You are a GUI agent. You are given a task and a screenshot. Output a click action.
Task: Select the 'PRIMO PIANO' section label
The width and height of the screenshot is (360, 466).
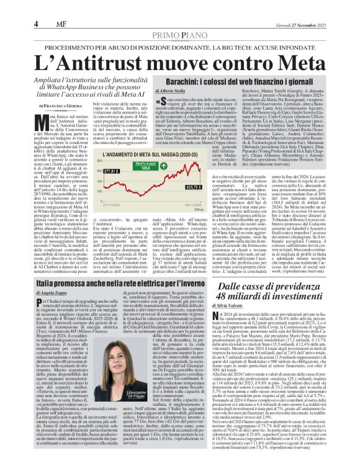pos(180,35)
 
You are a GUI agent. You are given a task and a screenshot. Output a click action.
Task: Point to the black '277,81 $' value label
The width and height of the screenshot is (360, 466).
pos(94,170)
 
